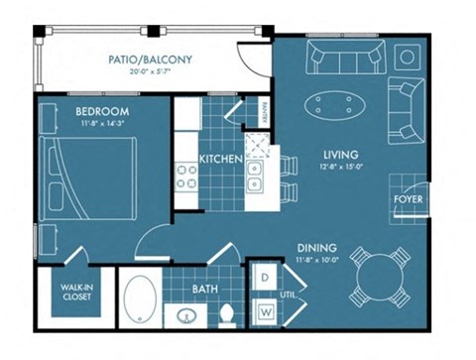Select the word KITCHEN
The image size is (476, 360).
tap(215, 159)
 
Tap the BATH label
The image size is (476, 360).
tap(205, 289)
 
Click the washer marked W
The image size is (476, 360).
tap(266, 311)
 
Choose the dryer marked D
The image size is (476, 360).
tap(266, 279)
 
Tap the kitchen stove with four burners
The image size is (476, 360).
tap(188, 178)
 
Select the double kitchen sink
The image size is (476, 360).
tap(255, 176)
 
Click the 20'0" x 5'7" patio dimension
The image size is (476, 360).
tap(151, 73)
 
